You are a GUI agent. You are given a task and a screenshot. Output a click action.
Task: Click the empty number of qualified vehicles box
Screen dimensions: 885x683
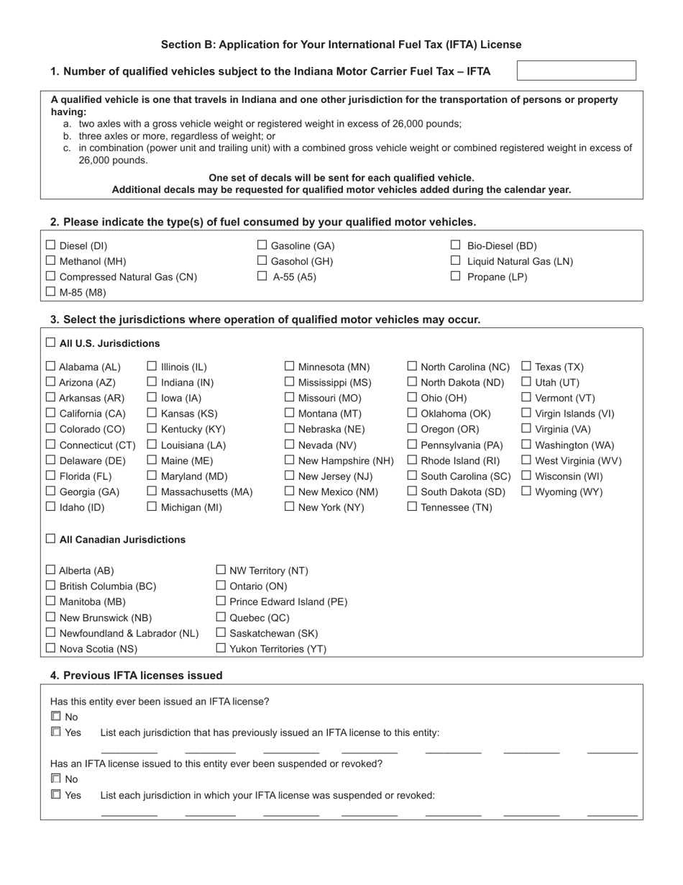577,71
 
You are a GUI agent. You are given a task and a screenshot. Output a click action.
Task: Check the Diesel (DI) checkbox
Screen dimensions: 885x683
50,245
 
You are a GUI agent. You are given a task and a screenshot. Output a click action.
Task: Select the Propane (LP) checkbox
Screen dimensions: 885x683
455,276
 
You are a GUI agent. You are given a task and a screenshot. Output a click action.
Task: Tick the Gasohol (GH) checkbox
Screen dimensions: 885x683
262,260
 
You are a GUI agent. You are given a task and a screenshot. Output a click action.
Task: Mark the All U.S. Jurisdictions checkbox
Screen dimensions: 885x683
50,342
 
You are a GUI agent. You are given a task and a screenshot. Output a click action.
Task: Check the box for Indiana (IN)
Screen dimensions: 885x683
152,382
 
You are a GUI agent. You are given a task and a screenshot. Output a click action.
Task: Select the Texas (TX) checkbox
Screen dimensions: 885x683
526,366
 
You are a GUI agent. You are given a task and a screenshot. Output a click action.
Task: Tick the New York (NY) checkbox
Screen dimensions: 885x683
290,507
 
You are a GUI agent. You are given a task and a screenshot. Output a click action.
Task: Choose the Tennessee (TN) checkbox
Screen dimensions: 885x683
412,507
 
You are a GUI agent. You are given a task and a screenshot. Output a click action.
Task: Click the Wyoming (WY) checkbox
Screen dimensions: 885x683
526,491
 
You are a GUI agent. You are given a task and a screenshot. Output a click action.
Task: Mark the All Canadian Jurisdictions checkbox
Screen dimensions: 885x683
50,539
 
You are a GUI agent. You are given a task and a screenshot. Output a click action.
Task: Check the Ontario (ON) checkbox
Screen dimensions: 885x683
221,586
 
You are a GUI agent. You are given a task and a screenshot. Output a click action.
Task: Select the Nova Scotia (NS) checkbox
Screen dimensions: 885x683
50,648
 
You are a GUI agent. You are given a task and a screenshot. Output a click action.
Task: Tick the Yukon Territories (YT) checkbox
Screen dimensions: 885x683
221,648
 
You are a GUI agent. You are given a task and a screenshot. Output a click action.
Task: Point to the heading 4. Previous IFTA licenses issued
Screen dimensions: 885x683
137,675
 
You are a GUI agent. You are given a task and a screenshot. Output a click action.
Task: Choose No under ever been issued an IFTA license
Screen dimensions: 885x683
55,717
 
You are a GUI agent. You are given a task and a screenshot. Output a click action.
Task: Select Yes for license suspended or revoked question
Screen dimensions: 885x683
55,795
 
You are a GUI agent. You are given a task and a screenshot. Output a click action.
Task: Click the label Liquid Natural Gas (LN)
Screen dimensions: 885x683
520,261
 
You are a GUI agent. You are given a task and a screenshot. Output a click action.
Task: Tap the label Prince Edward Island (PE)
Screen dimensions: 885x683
288,602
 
